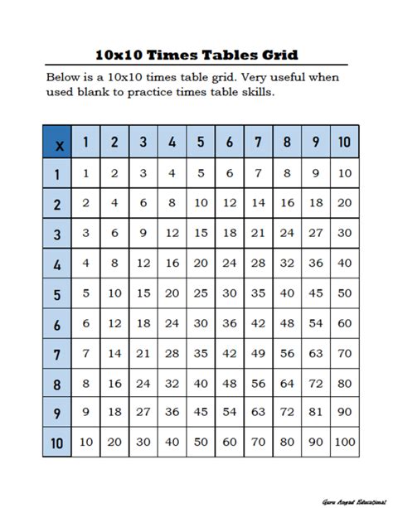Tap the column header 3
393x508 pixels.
[x=143, y=143]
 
